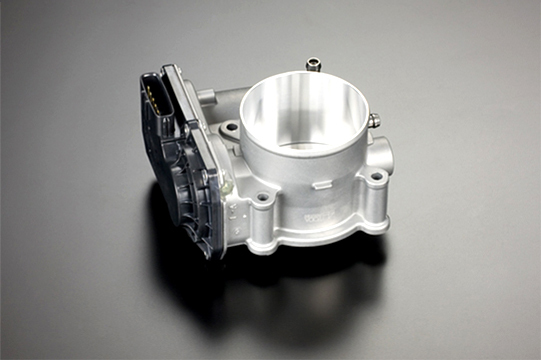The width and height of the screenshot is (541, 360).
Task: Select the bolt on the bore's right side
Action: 373,121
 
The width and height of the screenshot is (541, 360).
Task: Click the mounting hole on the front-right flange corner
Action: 376,177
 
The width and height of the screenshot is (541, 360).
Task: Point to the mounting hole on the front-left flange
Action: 263,198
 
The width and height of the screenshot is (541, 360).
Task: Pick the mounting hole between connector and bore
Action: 230,127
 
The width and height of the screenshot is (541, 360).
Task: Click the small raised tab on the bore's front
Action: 322,184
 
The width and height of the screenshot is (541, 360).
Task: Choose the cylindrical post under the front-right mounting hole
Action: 373,205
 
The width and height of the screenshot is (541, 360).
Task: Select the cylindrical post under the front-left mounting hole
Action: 263,225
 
